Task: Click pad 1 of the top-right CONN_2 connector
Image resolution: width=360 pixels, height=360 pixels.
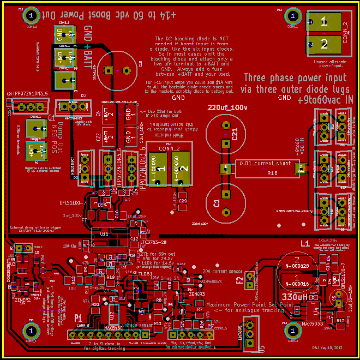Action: (323, 22)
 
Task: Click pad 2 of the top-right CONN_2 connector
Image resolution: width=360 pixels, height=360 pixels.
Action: (323, 44)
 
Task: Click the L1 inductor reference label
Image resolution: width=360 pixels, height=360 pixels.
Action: (305, 242)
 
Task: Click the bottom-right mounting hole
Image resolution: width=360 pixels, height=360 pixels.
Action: (289, 331)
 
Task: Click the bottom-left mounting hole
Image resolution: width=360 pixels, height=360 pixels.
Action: (32, 331)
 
